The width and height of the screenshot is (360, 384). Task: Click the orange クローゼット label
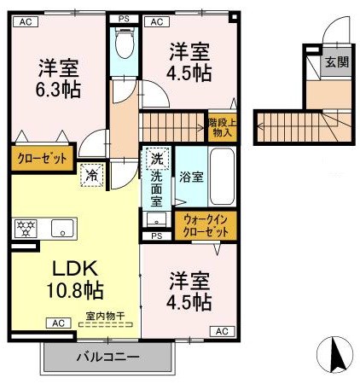click(40, 158)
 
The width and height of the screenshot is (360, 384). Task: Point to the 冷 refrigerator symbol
click(91, 177)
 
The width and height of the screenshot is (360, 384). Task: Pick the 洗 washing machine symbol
click(156, 159)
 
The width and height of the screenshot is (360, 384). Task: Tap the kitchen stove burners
click(25, 227)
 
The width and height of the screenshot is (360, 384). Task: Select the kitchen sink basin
click(61, 228)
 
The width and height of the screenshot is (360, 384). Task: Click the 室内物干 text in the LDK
click(104, 316)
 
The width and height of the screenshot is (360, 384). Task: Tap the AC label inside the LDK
click(59, 323)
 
